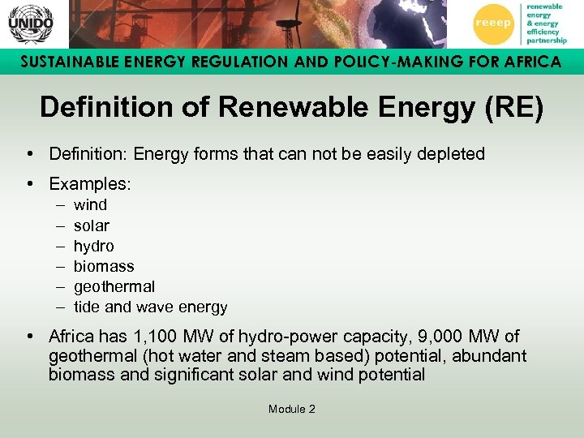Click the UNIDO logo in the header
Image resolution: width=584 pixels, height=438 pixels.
pyautogui.click(x=31, y=24)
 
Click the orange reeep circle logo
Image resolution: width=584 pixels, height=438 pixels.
pyautogui.click(x=493, y=23)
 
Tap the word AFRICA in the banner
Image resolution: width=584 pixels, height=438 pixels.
pyautogui.click(x=527, y=62)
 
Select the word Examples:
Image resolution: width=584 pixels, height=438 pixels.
pyautogui.click(x=90, y=184)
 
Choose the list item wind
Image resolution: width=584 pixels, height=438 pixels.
pyautogui.click(x=90, y=205)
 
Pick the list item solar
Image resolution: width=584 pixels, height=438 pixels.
pyautogui.click(x=91, y=225)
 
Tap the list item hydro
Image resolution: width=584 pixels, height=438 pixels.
pyautogui.click(x=93, y=246)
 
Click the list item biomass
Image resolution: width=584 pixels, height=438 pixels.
pyautogui.click(x=104, y=266)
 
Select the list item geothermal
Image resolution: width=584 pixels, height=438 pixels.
pyautogui.click(x=114, y=286)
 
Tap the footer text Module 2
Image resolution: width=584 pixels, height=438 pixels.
pyautogui.click(x=291, y=409)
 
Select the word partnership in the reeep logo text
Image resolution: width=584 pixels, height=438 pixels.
pyautogui.click(x=546, y=39)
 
